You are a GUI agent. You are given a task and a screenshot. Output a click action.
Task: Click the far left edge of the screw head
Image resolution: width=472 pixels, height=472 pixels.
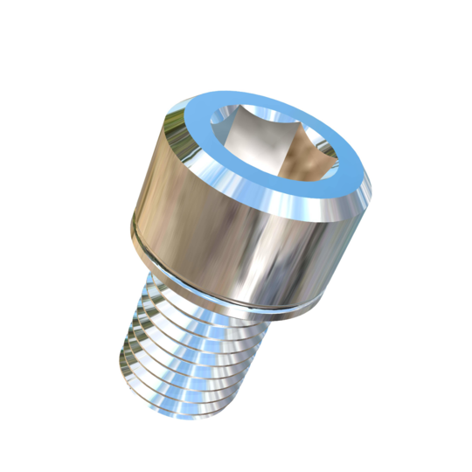click(133, 219)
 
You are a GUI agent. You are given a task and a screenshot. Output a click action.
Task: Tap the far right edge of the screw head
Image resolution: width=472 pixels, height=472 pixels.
click(367, 210)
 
